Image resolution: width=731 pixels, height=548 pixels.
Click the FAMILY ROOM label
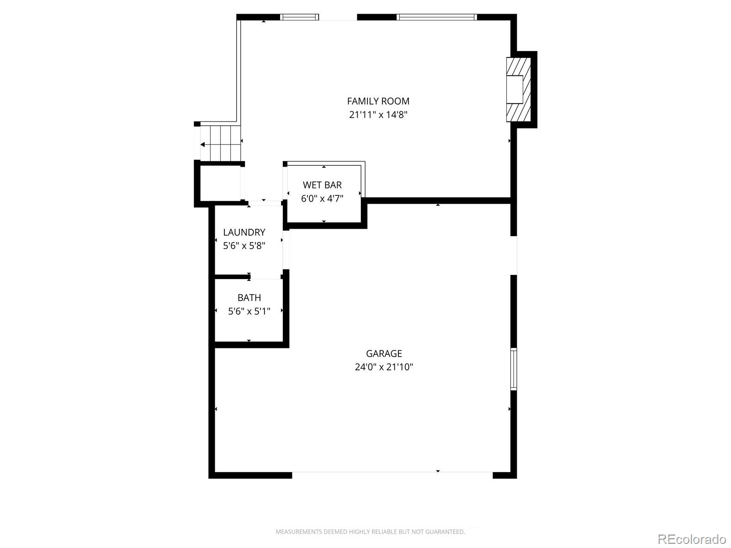click(378, 101)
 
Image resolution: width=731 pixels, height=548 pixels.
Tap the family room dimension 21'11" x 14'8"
click(378, 115)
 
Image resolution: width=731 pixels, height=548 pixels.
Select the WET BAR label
click(322, 185)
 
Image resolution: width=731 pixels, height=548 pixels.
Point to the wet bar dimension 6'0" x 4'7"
click(322, 199)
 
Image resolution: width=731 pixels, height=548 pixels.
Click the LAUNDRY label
click(244, 232)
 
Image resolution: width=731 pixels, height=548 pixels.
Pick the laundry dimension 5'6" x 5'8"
click(244, 246)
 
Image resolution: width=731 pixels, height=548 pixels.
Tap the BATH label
click(249, 298)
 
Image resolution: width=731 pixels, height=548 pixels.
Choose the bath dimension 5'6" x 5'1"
click(249, 311)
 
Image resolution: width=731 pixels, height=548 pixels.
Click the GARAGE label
click(384, 353)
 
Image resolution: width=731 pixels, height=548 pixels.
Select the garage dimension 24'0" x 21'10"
click(384, 367)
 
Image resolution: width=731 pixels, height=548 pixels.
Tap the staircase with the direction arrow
click(220, 143)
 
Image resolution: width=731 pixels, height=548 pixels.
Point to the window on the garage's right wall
click(514, 369)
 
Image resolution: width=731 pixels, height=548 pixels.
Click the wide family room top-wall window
click(436, 17)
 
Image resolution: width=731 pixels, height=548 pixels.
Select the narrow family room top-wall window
click(299, 17)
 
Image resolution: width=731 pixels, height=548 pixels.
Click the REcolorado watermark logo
click(691, 539)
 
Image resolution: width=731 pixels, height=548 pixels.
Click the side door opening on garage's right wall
click(514, 255)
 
